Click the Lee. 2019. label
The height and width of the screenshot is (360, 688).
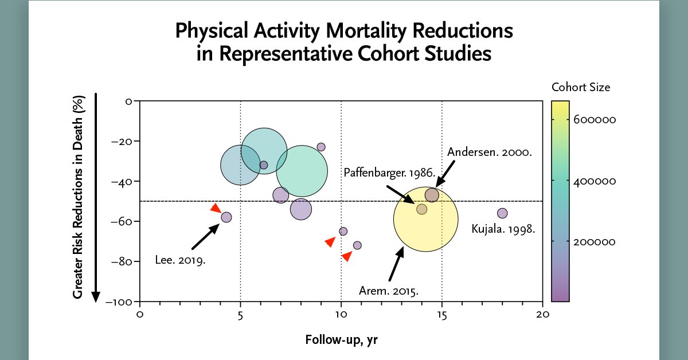(x=180, y=260)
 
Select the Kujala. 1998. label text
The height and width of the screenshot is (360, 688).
(x=503, y=229)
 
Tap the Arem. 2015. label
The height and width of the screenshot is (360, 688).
(x=388, y=291)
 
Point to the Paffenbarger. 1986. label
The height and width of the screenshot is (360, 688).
(x=390, y=173)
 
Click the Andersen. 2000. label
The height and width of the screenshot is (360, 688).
(x=490, y=152)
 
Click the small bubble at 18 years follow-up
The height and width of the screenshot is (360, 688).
(x=502, y=213)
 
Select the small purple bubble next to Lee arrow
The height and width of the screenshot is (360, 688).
(x=226, y=217)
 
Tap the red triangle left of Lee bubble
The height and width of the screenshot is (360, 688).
(x=216, y=208)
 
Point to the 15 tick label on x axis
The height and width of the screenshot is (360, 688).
(x=441, y=315)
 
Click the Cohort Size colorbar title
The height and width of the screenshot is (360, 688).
(x=580, y=88)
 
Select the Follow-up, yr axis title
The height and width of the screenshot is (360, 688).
(x=341, y=340)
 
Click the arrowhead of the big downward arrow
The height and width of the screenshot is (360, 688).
(x=96, y=297)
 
